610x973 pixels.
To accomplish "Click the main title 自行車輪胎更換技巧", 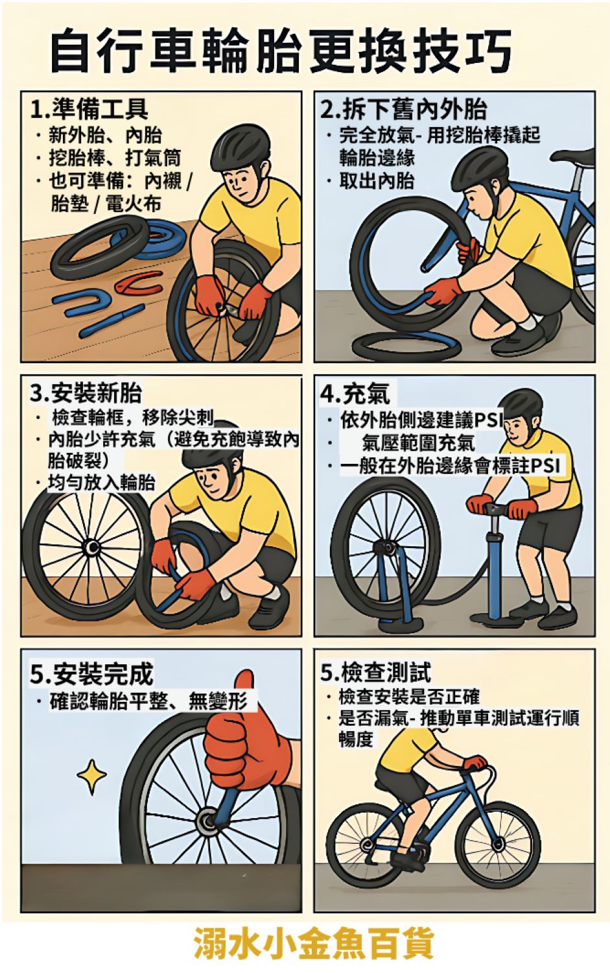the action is click(x=281, y=51).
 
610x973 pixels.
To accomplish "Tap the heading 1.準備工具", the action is click(x=89, y=108).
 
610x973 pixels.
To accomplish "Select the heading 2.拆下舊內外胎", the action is click(x=403, y=109).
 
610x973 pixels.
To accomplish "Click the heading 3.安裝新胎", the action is click(x=86, y=393).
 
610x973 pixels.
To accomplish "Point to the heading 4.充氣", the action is click(x=355, y=393).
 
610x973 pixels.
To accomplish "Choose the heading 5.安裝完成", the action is click(x=91, y=674).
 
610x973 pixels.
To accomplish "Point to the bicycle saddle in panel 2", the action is click(x=578, y=156).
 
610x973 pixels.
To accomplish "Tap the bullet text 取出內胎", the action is click(x=377, y=181).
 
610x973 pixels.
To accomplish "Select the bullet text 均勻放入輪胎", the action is click(x=101, y=483).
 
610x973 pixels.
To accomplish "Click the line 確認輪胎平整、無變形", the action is click(x=148, y=701).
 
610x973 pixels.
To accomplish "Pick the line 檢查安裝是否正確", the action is click(x=408, y=696).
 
